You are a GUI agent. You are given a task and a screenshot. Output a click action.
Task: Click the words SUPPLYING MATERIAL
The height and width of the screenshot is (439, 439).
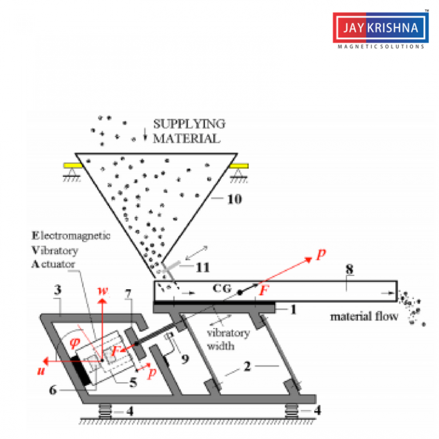[x=181, y=131]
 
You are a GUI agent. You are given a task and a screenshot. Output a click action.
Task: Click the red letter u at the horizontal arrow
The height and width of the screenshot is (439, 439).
[x=41, y=370]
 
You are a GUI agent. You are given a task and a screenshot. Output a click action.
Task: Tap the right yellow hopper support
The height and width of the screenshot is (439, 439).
[x=240, y=165]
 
